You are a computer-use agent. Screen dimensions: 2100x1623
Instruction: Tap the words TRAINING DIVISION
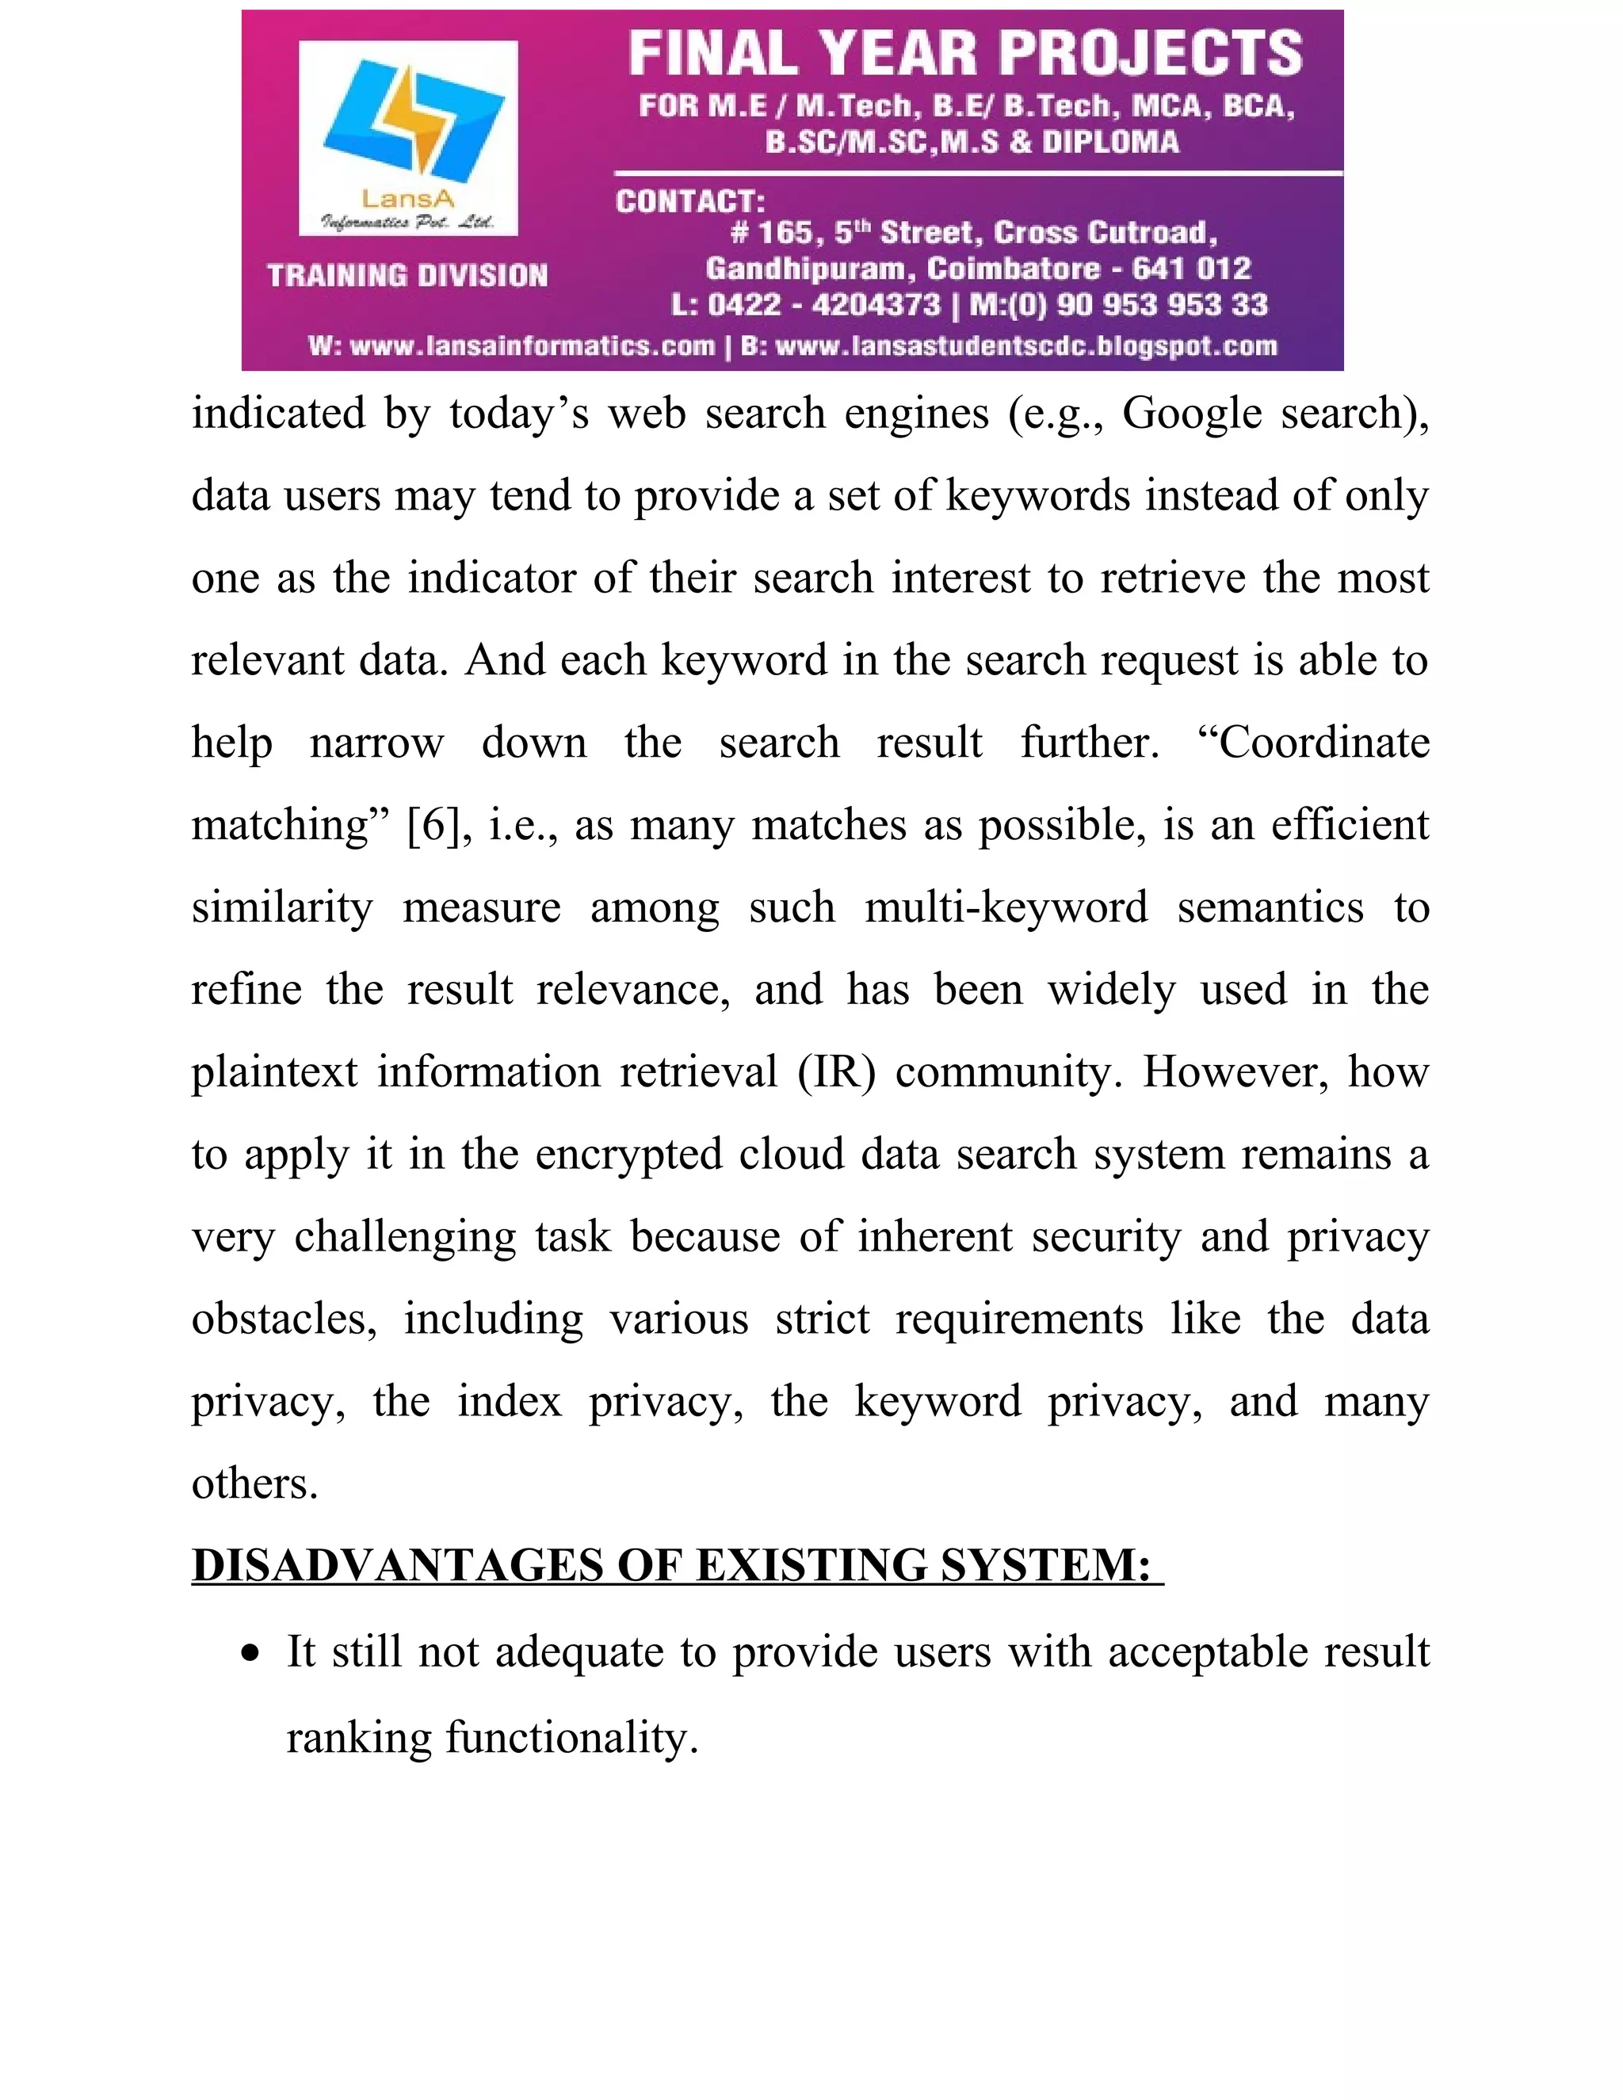tap(407, 276)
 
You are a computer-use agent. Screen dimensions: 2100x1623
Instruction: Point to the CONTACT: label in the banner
tap(690, 201)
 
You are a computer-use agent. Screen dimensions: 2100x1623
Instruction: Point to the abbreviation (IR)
tap(837, 1072)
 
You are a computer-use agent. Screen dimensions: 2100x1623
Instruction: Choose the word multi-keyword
tap(1006, 907)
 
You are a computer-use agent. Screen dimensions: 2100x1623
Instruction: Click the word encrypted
tap(628, 1154)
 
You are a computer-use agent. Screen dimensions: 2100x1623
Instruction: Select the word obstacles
tap(284, 1319)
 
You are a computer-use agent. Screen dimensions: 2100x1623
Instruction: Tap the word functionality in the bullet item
tap(571, 1738)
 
